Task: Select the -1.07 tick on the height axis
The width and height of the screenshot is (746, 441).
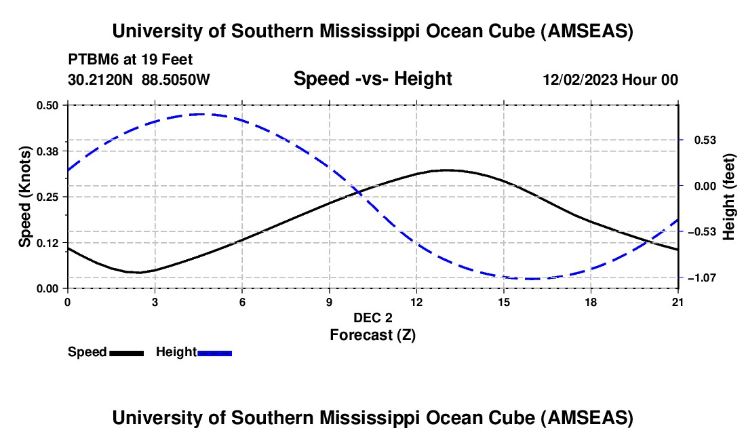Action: pyautogui.click(x=701, y=277)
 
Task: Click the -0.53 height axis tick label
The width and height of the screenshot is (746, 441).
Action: pyautogui.click(x=701, y=231)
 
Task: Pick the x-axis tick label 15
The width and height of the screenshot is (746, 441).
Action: pyautogui.click(x=503, y=302)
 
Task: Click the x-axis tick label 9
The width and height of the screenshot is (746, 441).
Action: pyautogui.click(x=329, y=302)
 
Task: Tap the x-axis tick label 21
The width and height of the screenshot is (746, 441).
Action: pyautogui.click(x=678, y=302)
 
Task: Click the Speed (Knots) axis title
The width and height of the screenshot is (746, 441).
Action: pyautogui.click(x=24, y=197)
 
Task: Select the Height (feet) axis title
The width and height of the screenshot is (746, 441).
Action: pyautogui.click(x=729, y=197)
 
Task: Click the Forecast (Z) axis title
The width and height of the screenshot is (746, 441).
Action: pyautogui.click(x=372, y=334)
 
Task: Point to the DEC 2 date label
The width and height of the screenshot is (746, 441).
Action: pyautogui.click(x=372, y=318)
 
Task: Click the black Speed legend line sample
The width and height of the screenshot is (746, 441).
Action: pyautogui.click(x=126, y=353)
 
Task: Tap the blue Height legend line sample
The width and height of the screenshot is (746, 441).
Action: pyautogui.click(x=215, y=353)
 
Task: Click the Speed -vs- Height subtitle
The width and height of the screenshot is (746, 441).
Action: pyautogui.click(x=372, y=79)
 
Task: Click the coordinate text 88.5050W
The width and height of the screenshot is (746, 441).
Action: pyautogui.click(x=176, y=79)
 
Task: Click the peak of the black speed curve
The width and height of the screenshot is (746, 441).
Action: pyautogui.click(x=446, y=170)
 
